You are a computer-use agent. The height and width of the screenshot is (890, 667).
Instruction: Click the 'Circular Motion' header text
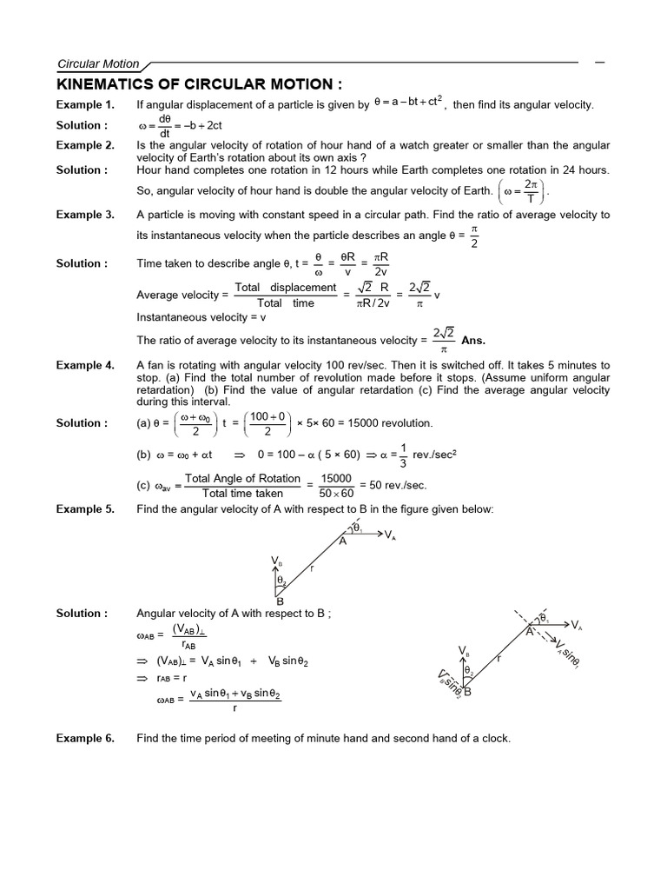point(97,63)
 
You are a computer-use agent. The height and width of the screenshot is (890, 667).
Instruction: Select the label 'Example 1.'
point(85,105)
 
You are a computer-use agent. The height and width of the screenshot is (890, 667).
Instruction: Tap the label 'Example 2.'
point(85,145)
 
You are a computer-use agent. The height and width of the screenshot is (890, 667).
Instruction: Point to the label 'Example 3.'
point(85,215)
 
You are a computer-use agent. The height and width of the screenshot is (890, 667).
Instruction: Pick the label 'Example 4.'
point(85,366)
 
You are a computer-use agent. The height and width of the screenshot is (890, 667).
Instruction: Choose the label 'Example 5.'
point(85,509)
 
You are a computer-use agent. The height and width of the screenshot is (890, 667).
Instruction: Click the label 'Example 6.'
point(85,739)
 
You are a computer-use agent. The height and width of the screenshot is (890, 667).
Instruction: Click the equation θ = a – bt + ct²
point(407,103)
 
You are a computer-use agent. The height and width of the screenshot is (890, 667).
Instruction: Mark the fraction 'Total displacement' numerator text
point(286,288)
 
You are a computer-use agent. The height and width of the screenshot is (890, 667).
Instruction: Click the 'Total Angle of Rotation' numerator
point(243,479)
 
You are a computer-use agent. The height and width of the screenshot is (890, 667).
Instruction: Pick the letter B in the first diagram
point(280,601)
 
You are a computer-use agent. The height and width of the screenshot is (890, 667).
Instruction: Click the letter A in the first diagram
point(342,541)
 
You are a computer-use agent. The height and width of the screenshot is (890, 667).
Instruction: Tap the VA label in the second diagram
point(577,625)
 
